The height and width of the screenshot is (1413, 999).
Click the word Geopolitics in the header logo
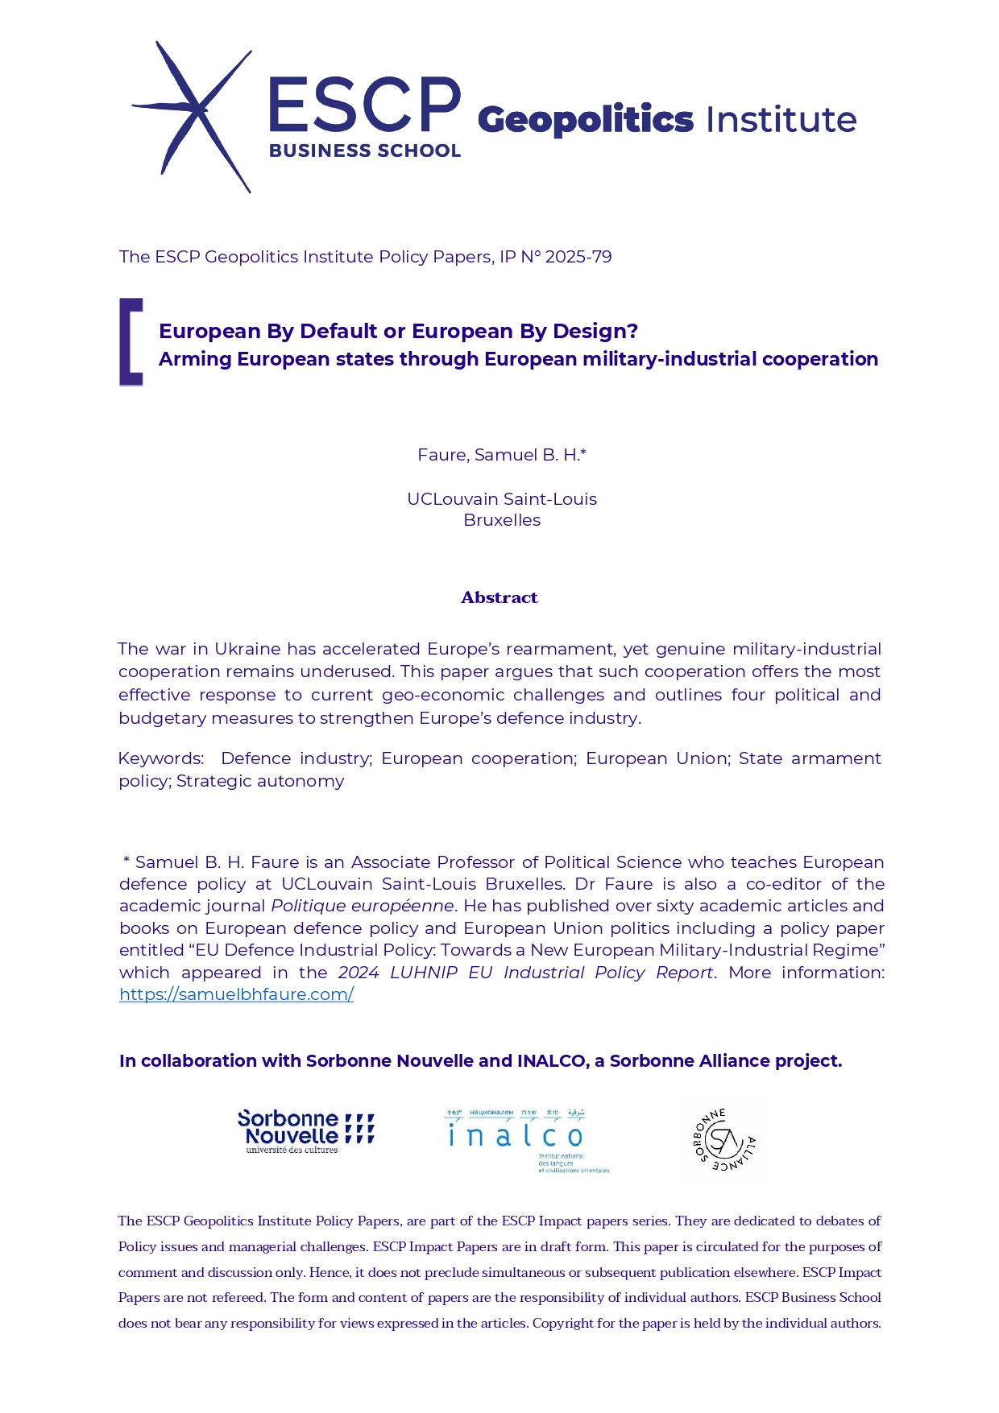[x=585, y=120]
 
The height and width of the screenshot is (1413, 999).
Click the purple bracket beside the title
[x=131, y=341]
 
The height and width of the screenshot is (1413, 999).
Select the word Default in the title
[x=338, y=331]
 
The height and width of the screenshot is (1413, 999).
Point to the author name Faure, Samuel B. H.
[x=501, y=455]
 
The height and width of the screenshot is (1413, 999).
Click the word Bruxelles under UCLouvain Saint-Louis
[x=502, y=520]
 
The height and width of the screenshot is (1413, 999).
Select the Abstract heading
[x=499, y=597]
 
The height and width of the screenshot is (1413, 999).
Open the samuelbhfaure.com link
[x=236, y=994]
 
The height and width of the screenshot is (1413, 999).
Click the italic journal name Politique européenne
[x=363, y=906]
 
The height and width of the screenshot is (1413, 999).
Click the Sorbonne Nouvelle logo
[x=305, y=1131]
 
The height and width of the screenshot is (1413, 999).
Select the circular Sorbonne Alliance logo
[x=724, y=1139]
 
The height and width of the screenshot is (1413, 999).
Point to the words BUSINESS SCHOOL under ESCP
[x=365, y=151]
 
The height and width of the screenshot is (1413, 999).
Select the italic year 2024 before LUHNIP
[x=358, y=973]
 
